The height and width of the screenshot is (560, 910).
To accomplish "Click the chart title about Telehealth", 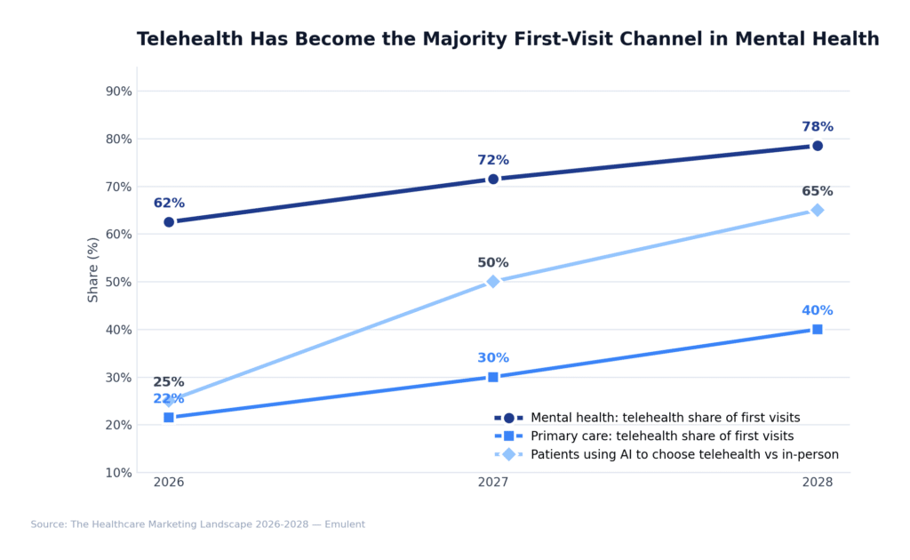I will click(507, 40).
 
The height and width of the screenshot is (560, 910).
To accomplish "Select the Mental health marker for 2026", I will click(169, 222).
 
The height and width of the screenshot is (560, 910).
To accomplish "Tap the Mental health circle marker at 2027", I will click(493, 180).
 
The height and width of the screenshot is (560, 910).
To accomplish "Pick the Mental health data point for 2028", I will click(817, 146).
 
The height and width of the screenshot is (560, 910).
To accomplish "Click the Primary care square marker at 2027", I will click(493, 377).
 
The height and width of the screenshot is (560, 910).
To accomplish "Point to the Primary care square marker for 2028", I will click(817, 330).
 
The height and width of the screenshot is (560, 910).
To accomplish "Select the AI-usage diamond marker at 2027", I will click(493, 282).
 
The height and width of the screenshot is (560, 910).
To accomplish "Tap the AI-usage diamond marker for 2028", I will click(817, 211).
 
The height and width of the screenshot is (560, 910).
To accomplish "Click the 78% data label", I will click(817, 127).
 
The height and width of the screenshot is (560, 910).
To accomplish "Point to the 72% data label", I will click(493, 161).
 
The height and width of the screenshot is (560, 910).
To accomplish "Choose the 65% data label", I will click(817, 192).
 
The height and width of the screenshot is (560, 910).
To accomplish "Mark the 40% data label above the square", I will click(817, 311).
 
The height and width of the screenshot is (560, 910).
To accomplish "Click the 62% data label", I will click(169, 204).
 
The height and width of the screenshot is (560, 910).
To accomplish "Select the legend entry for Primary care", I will click(662, 436).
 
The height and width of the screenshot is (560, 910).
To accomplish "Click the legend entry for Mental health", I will click(665, 418).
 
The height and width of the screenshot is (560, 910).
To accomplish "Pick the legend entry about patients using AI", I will click(684, 455).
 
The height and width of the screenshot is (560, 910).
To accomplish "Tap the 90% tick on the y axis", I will click(119, 92).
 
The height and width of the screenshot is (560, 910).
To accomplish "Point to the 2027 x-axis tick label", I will click(493, 483).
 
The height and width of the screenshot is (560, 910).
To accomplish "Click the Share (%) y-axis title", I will click(93, 269).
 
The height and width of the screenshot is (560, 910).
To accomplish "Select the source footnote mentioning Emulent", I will click(197, 524).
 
